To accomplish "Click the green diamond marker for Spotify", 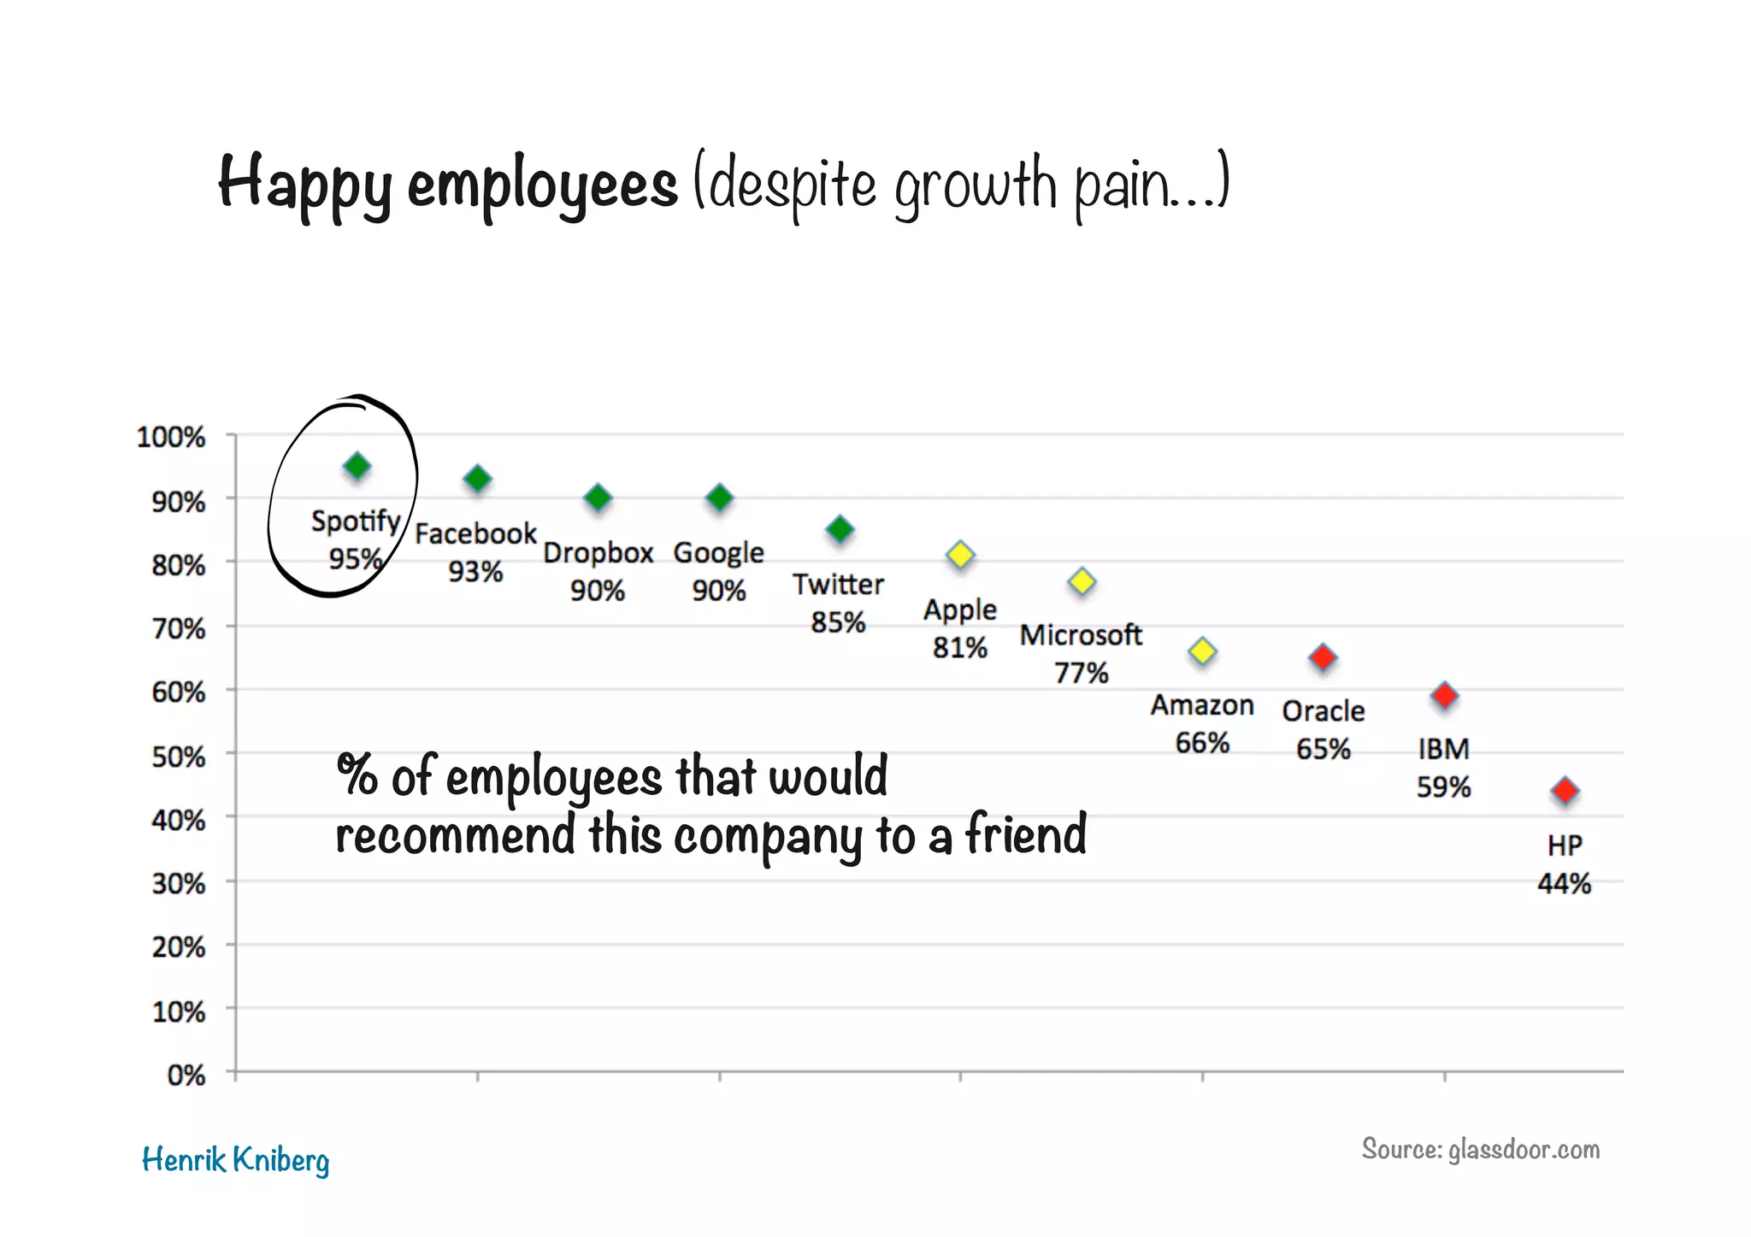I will (357, 466).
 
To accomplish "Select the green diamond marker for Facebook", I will (477, 479).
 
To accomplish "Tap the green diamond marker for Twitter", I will (840, 529).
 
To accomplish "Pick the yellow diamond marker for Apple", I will (960, 555).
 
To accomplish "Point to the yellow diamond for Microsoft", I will (1082, 581).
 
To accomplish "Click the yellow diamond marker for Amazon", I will (1202, 651).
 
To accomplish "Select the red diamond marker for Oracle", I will (1323, 657).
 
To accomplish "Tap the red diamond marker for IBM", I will (1444, 695).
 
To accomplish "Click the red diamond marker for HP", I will (1565, 791).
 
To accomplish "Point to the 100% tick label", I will (171, 437).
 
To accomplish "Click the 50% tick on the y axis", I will (178, 757).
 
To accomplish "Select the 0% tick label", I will (186, 1075).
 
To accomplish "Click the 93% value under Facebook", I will (475, 571).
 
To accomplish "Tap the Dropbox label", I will (598, 553).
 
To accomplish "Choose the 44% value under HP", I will (1564, 883).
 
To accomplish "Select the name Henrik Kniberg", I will (235, 1160).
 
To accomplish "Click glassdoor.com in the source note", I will (1524, 1149).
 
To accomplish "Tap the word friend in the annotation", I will (1026, 834).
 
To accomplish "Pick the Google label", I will (718, 553).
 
